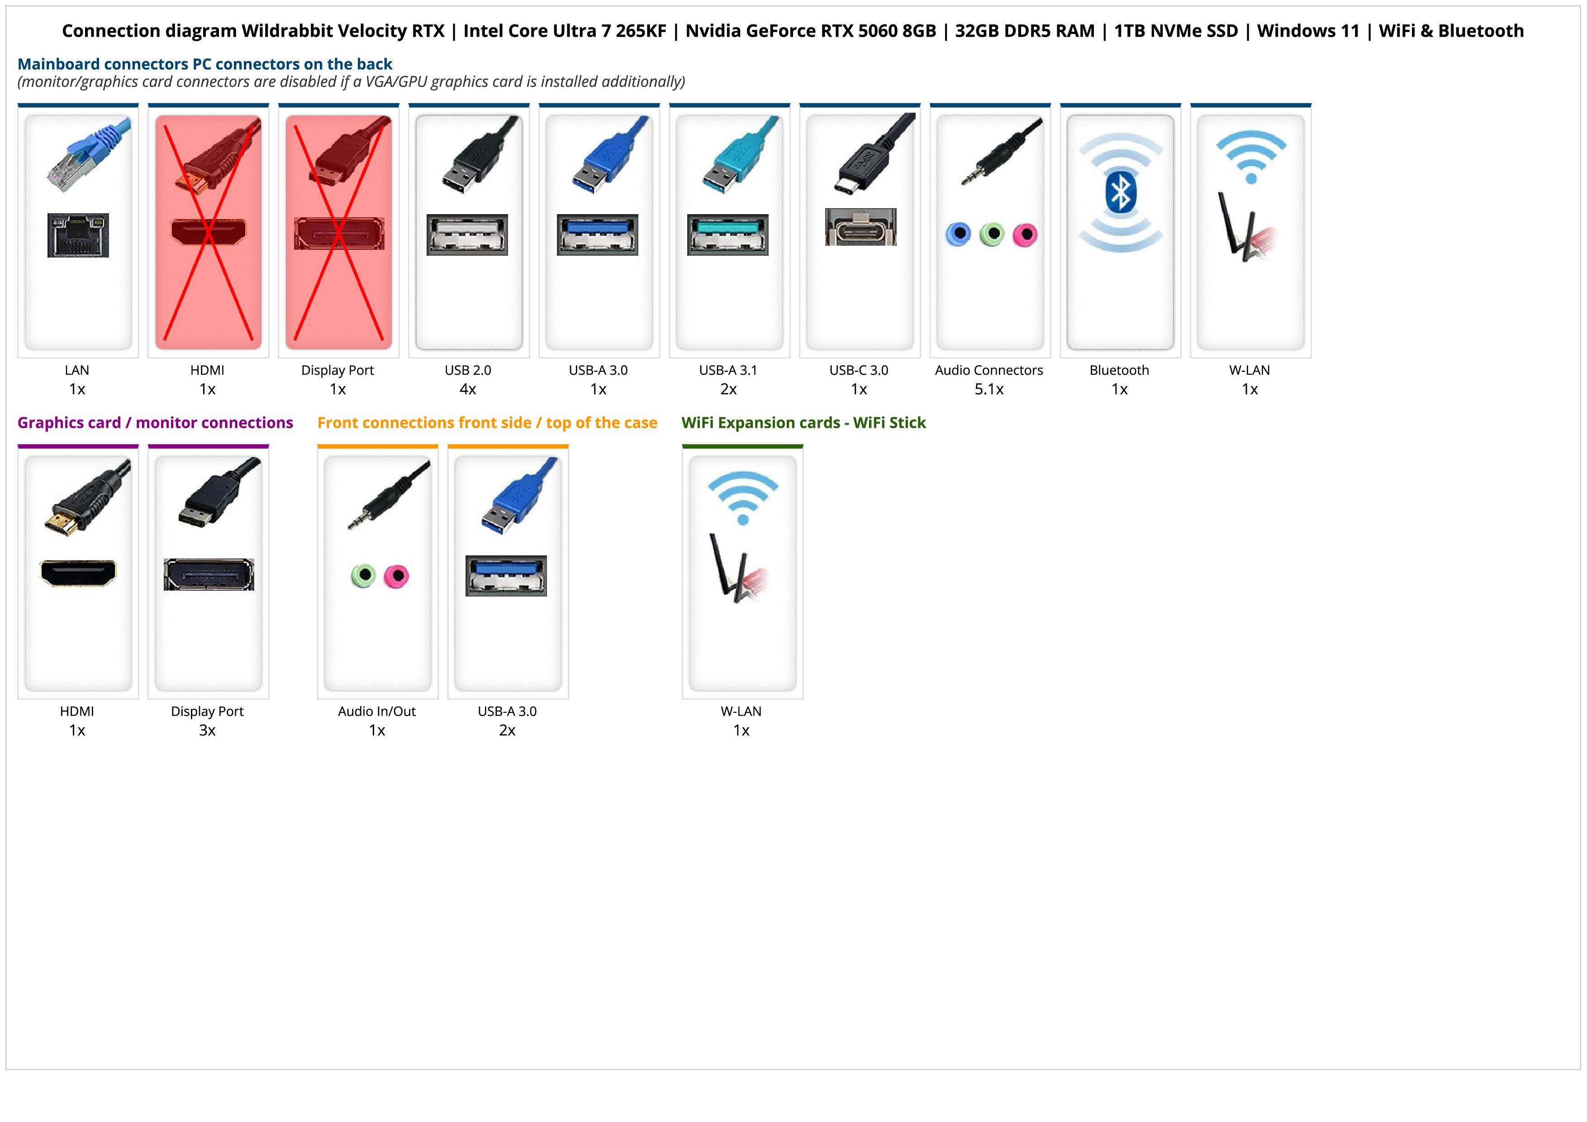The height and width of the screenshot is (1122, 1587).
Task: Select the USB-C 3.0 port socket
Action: [x=860, y=227]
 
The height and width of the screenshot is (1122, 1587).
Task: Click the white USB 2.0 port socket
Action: [x=467, y=234]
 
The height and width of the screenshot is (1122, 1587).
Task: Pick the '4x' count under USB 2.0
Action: [x=468, y=389]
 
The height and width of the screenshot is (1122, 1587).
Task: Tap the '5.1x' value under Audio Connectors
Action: [x=989, y=389]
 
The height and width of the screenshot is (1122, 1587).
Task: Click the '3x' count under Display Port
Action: [x=207, y=730]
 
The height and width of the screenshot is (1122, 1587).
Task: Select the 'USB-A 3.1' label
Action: [x=728, y=370]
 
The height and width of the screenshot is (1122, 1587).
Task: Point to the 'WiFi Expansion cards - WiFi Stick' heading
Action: [x=803, y=422]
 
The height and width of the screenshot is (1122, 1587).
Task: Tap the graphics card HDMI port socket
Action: [x=78, y=573]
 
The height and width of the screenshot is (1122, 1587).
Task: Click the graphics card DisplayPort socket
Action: [x=209, y=574]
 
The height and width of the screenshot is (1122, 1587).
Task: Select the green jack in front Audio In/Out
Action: [x=363, y=575]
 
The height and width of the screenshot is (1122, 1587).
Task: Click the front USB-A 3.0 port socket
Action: [x=506, y=575]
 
